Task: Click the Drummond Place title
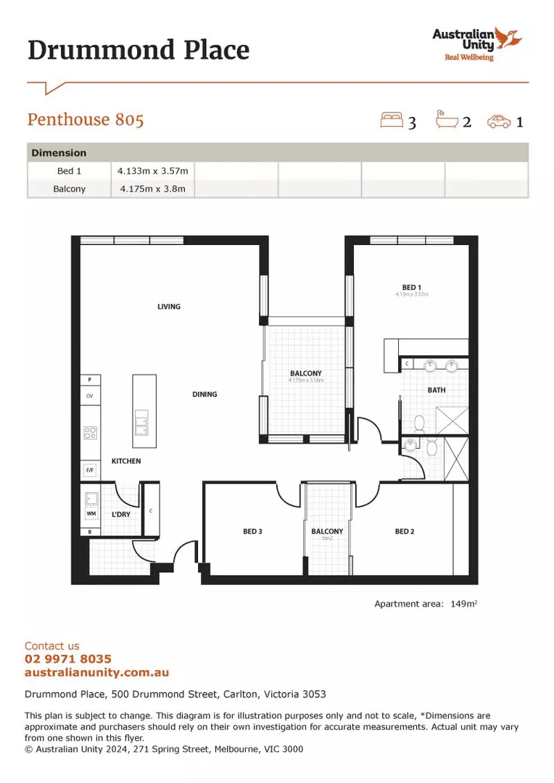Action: [x=138, y=50]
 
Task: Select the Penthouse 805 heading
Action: [x=86, y=120]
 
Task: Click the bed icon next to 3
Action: [x=392, y=120]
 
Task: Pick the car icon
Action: [x=499, y=121]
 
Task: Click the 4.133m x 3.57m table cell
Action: [x=153, y=171]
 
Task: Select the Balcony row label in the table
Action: [x=70, y=189]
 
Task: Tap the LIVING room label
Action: [x=169, y=307]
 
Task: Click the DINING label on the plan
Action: [x=204, y=394]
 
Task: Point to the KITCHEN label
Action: [x=126, y=461]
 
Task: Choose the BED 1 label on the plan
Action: [x=412, y=288]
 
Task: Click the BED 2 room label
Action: [x=405, y=531]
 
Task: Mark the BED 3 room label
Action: [x=252, y=531]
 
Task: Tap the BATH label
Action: [x=437, y=390]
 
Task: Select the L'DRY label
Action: [x=120, y=514]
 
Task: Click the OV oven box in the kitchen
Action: [x=90, y=397]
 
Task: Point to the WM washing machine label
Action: [x=91, y=514]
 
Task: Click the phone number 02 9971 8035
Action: [x=68, y=659]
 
